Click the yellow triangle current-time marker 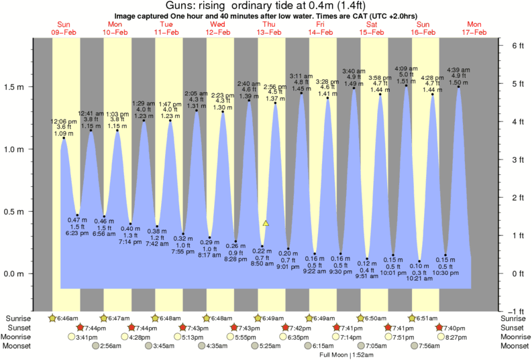[x=266, y=223]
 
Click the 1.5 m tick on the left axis [x=15, y=87]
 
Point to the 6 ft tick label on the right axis [x=515, y=46]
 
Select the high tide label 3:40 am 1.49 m [x=354, y=77]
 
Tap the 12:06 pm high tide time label [x=64, y=121]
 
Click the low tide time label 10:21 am [x=419, y=279]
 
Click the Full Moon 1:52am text [x=346, y=355]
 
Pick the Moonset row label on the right [x=514, y=346]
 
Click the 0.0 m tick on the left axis [x=15, y=274]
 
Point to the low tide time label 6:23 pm [x=78, y=233]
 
